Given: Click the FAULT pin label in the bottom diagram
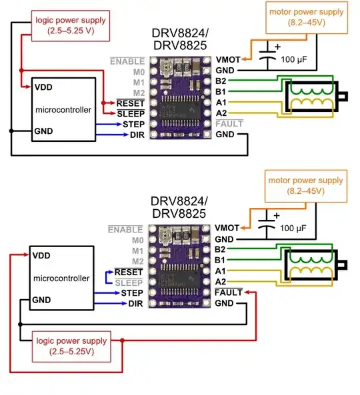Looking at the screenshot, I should [229, 292].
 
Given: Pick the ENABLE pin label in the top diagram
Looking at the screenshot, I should [127, 61].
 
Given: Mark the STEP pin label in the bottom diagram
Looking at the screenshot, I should [134, 293].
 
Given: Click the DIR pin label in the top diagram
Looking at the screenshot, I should [137, 135].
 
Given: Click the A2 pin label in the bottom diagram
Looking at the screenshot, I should [221, 281].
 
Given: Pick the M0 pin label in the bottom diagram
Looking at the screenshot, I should [138, 240].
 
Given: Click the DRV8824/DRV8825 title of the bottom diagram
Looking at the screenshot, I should [178, 207].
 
